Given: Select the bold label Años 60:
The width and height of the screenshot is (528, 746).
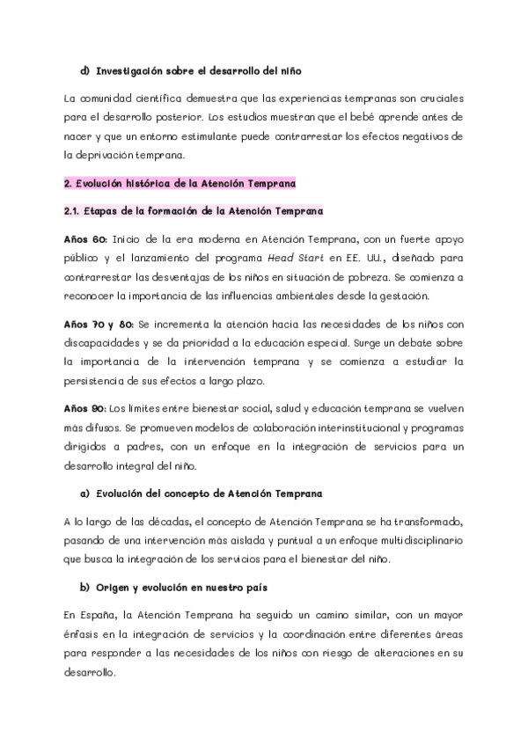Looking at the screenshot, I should click(x=85, y=238).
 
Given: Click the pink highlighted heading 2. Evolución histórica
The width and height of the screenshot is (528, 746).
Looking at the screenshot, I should click(x=180, y=183).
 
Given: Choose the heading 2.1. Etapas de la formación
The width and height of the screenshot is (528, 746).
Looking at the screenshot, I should click(x=194, y=211).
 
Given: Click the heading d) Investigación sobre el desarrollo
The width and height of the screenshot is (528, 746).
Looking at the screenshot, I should click(x=191, y=69).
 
